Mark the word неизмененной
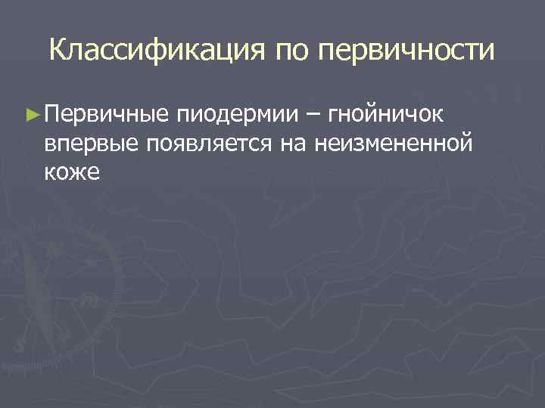click(397, 143)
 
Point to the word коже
click(72, 171)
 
